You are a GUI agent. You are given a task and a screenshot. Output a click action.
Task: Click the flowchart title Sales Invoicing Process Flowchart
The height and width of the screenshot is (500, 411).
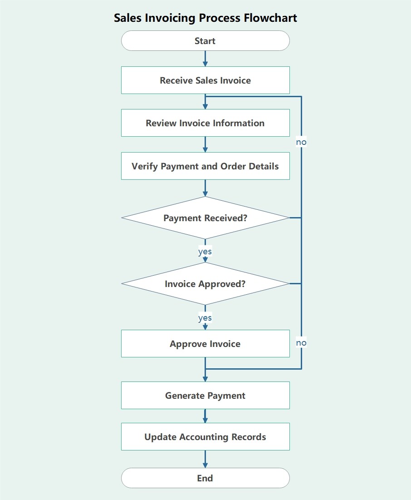[205, 18]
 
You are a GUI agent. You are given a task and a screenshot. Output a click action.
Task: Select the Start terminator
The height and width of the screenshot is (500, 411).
[205, 41]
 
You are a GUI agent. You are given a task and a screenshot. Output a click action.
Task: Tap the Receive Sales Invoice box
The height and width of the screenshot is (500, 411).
[205, 80]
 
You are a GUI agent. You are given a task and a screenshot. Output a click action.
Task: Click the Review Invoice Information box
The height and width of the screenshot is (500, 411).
[205, 123]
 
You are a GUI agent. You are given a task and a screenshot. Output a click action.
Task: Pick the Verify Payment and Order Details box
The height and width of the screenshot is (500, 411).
[205, 166]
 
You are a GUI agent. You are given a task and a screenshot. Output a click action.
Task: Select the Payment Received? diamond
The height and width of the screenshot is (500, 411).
[205, 218]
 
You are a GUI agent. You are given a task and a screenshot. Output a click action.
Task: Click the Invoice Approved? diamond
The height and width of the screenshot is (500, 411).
[205, 284]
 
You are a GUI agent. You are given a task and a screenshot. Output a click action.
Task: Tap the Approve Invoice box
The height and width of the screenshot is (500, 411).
[205, 344]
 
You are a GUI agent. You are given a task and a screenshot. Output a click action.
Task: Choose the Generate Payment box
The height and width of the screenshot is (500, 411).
[205, 396]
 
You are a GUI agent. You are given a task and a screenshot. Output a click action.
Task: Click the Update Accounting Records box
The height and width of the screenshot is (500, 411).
[205, 437]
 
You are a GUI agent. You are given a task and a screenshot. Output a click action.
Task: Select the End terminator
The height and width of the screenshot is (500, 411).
[205, 478]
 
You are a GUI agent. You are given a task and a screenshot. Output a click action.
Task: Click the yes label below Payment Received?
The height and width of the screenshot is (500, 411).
[205, 251]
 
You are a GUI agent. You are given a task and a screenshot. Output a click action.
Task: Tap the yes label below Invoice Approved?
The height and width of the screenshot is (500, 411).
[205, 318]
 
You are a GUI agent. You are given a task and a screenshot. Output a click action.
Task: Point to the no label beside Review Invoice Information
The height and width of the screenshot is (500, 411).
[301, 142]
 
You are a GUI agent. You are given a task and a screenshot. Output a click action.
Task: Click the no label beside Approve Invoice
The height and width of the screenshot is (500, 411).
[301, 343]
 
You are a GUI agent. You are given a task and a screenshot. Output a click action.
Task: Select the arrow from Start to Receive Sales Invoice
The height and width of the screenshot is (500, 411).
[205, 59]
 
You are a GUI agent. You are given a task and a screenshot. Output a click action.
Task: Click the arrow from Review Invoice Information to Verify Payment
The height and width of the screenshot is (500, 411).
[205, 144]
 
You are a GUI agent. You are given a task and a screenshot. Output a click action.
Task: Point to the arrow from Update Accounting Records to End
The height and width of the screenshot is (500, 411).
[205, 459]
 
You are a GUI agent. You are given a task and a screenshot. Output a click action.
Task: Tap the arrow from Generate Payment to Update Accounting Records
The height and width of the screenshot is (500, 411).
[205, 416]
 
